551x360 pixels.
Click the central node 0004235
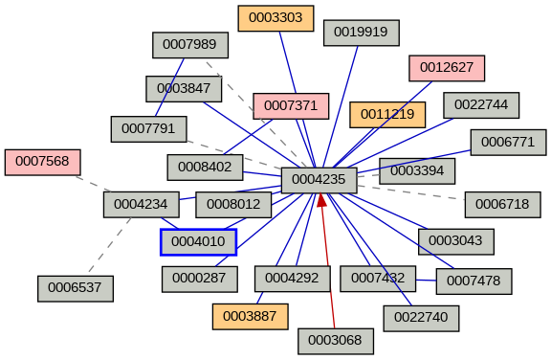(x=319, y=180)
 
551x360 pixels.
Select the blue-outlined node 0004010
(x=198, y=242)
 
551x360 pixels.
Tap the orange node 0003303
(x=275, y=18)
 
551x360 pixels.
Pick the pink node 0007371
(x=291, y=104)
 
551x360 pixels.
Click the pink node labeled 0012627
(x=447, y=68)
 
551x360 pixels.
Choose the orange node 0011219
(x=387, y=114)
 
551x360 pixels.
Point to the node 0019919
(x=361, y=32)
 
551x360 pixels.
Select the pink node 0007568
(x=42, y=162)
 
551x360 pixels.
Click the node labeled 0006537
(x=76, y=287)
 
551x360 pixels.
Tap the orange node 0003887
(x=250, y=316)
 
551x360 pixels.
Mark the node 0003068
(x=335, y=341)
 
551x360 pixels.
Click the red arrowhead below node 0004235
(x=321, y=200)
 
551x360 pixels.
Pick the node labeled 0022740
(x=421, y=318)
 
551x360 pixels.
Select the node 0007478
(x=474, y=281)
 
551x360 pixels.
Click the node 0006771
(x=508, y=142)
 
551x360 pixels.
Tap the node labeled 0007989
(x=190, y=45)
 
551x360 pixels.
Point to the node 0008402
(x=205, y=167)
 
